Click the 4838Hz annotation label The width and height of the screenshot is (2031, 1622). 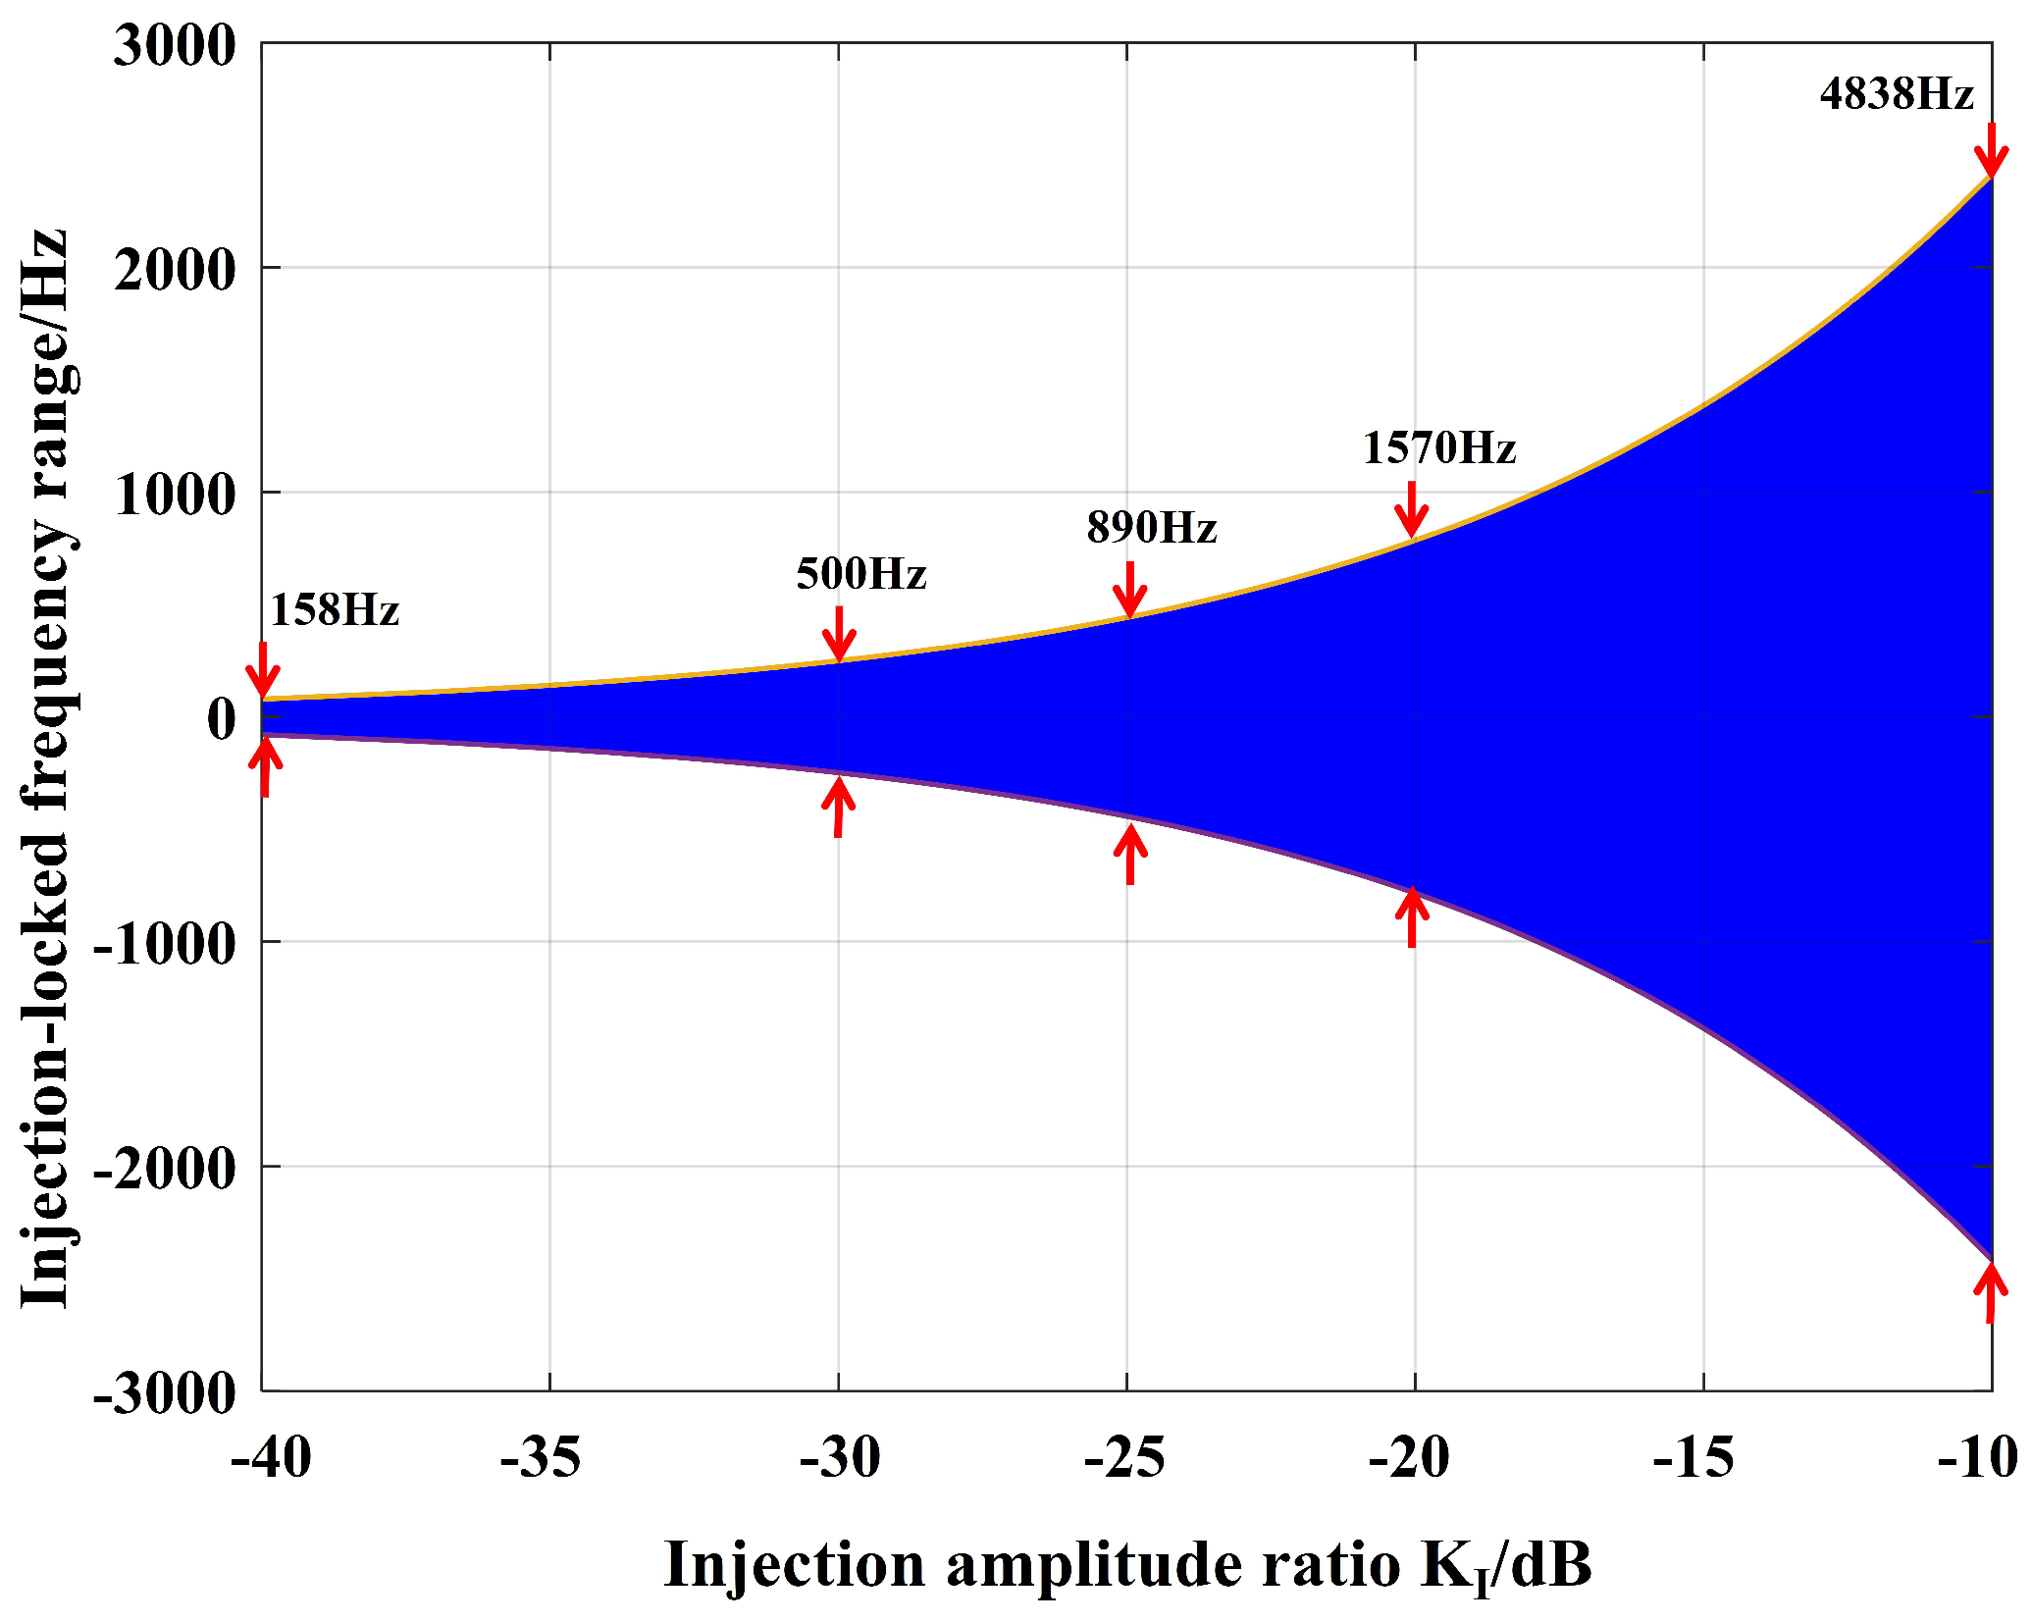[1896, 95]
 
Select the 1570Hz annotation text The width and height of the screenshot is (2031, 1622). [1438, 449]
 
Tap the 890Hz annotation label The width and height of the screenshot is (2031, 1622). [1151, 529]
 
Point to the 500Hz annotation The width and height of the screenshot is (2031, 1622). [860, 575]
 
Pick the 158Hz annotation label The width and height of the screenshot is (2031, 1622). [334, 611]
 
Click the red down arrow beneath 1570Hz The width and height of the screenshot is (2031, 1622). [1412, 509]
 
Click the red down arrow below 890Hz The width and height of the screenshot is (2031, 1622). [1130, 589]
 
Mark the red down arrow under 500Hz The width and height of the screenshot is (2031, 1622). [839, 634]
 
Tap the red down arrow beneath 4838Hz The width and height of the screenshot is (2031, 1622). [1991, 150]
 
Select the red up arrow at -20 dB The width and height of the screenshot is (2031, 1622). [1412, 916]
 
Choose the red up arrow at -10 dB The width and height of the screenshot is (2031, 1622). [1991, 1290]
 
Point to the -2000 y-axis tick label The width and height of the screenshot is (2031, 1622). [165, 1168]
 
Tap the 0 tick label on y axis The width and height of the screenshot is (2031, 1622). [222, 718]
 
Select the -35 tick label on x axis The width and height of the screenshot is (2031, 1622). [541, 1458]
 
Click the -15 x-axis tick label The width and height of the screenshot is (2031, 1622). [1694, 1458]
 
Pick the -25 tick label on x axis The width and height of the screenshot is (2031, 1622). [1124, 1458]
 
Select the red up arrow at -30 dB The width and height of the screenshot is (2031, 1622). [838, 807]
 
